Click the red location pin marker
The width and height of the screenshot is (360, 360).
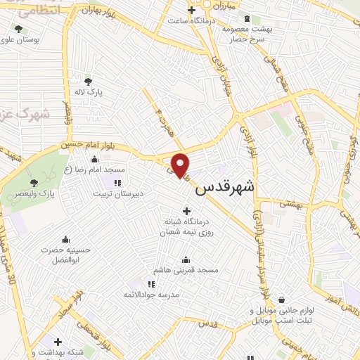coord(181,165)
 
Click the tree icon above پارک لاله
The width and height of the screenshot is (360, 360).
coord(88,81)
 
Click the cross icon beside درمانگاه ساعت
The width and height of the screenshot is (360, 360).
coord(191,10)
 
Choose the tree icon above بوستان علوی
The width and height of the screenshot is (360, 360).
coord(18,30)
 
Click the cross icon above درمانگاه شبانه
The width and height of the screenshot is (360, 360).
coord(186,210)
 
